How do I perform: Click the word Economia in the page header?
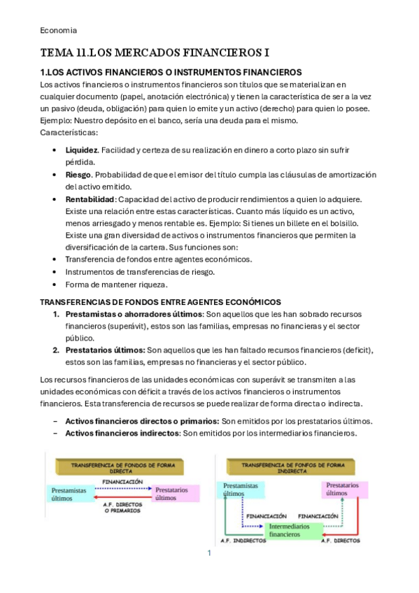click(58, 30)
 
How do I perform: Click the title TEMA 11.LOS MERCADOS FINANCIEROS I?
click(155, 52)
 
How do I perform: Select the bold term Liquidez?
click(81, 150)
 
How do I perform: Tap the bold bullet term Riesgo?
click(78, 175)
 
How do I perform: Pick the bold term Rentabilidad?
click(90, 199)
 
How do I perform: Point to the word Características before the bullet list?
click(69, 132)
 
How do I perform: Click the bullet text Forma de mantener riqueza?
click(117, 284)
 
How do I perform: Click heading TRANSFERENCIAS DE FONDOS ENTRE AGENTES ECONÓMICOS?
click(160, 301)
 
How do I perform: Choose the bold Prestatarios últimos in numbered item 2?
click(105, 350)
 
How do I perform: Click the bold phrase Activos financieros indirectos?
click(123, 434)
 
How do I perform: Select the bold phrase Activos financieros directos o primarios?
click(142, 421)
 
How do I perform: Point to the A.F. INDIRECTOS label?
click(243, 541)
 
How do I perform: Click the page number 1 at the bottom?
click(208, 553)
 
